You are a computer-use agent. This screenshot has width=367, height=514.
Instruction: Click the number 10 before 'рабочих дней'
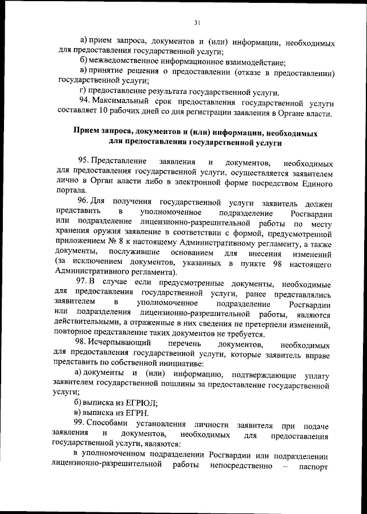click(103, 112)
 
